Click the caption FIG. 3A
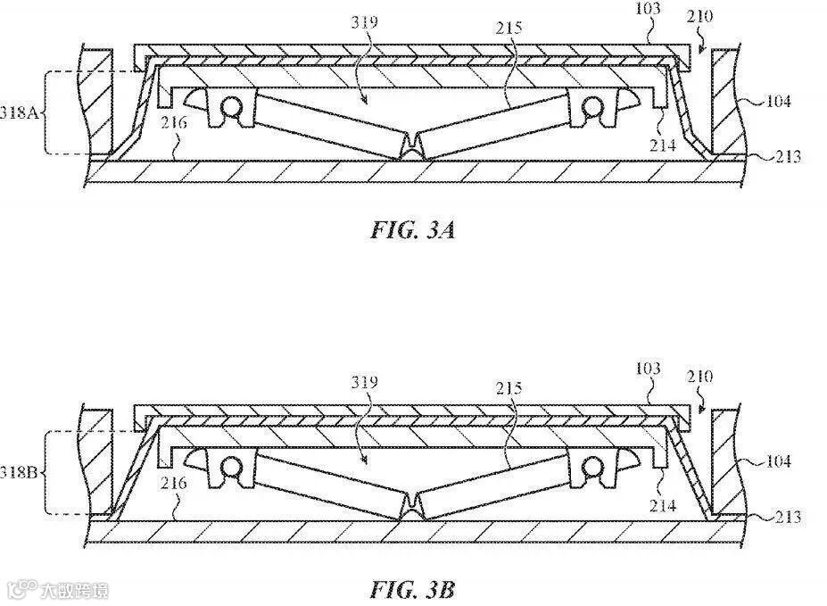(x=413, y=231)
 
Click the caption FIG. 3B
(x=413, y=590)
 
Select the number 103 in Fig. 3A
(x=649, y=9)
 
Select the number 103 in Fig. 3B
(x=649, y=369)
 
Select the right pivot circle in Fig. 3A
(x=590, y=106)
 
